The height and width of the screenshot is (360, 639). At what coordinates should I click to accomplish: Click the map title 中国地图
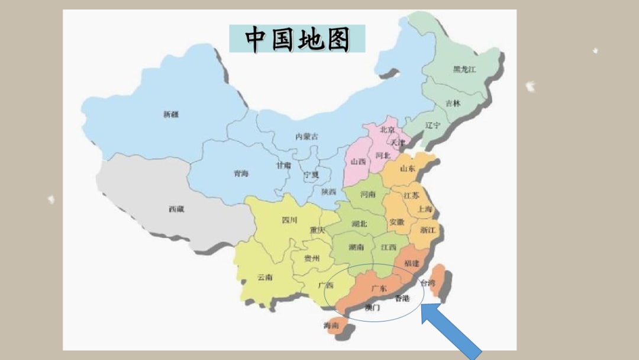pos(297,39)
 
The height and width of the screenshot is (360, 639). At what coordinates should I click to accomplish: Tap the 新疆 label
pos(170,114)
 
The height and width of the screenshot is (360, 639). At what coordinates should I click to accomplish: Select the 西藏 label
pos(176,209)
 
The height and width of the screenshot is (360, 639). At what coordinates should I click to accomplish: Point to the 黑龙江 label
pos(464,69)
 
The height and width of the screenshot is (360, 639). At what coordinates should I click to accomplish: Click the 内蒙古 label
pos(306,136)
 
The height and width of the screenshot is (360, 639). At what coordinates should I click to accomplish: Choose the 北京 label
pos(388,129)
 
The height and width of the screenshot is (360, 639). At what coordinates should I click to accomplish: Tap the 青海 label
pos(241,173)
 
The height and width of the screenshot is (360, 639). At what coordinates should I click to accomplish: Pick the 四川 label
pos(289,220)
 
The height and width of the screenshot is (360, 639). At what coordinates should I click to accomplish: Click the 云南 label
pos(264,277)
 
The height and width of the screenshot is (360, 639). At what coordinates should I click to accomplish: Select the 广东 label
pos(379,288)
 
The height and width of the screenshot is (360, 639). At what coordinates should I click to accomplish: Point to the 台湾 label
pos(427,284)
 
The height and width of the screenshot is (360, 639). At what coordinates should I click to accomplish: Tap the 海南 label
pos(331,326)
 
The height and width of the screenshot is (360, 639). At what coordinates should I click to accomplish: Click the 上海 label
pos(425,209)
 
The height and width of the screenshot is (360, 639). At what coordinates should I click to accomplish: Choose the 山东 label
pos(408,168)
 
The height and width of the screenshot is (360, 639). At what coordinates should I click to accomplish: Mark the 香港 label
pos(402,298)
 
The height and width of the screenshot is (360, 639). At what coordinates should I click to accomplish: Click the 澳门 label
pos(373,308)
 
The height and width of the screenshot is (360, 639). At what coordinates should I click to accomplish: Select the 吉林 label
pos(453,103)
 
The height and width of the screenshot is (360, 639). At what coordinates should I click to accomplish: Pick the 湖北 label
pos(359,224)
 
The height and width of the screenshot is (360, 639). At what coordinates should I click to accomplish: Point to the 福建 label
pos(412,262)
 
